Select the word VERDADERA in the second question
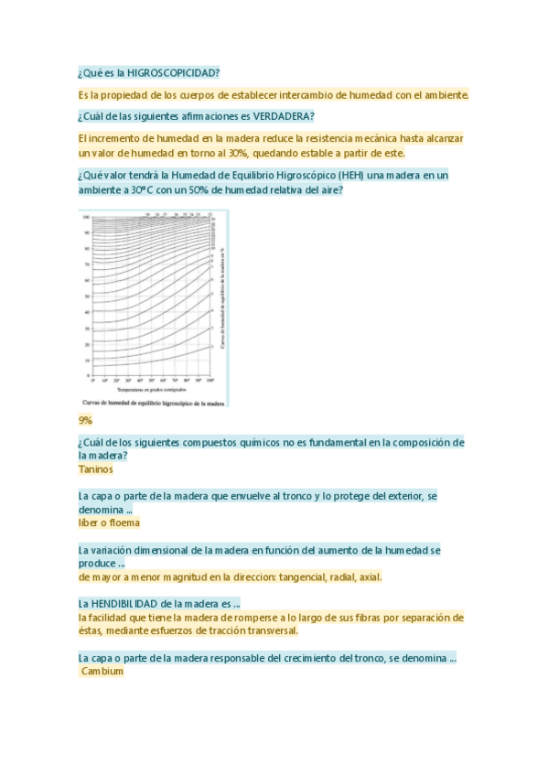click(x=283, y=116)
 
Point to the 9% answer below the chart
click(x=86, y=420)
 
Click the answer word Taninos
click(x=96, y=469)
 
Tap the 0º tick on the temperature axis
click(x=91, y=379)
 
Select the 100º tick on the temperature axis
click(x=210, y=379)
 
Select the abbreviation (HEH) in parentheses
click(x=354, y=175)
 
